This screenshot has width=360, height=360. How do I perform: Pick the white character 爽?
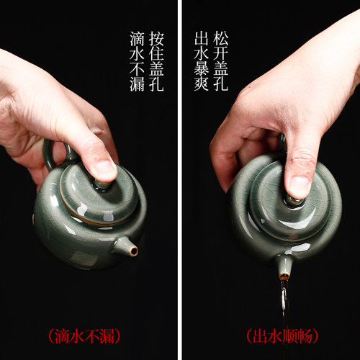tap(202, 84)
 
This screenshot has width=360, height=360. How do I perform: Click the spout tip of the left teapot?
tap(133, 250)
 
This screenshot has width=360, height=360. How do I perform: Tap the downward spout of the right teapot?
tap(284, 267)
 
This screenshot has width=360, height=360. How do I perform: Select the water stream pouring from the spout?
tap(284, 299)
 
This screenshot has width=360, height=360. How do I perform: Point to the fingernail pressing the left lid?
tap(105, 169)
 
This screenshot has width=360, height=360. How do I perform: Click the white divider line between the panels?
tap(179, 180)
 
